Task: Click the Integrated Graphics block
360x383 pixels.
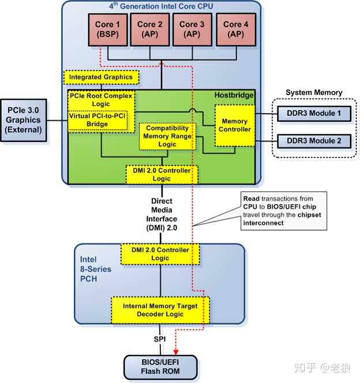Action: click(x=101, y=77)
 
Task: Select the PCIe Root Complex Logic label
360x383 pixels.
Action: click(x=101, y=99)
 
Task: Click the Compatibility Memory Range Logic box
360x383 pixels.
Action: click(x=168, y=136)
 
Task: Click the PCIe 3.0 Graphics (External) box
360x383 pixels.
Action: click(x=25, y=120)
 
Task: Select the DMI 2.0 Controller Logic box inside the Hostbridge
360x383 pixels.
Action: click(x=162, y=174)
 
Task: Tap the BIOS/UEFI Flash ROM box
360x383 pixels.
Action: click(x=160, y=366)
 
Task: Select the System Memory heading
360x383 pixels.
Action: click(x=314, y=92)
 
